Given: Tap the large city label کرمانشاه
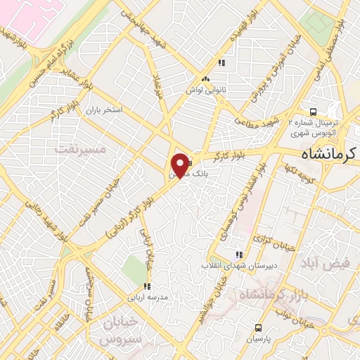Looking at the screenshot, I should (324, 153).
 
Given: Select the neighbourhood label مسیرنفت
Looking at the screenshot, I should (80, 149).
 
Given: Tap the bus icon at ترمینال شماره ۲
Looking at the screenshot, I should (314, 111).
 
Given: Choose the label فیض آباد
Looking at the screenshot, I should (324, 264).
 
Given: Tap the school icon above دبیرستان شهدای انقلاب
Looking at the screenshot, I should (239, 255).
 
